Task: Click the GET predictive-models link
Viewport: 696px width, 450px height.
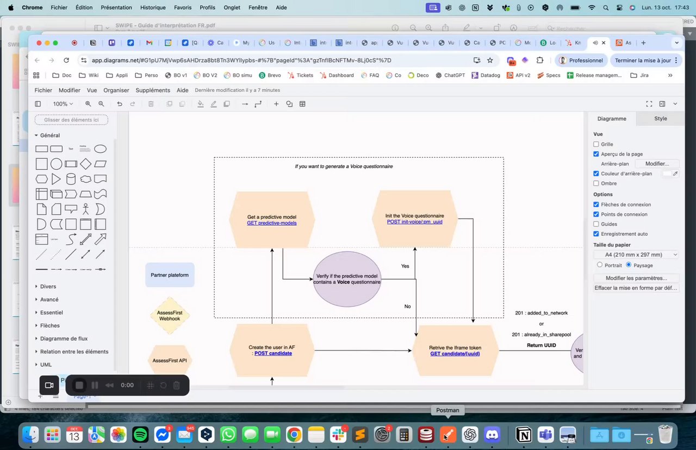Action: [272, 223]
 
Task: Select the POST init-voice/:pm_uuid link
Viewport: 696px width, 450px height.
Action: [414, 222]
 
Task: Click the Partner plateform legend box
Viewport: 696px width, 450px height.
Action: [170, 275]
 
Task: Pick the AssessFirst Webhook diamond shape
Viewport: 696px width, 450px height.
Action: [170, 316]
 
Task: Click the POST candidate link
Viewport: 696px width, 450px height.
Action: [273, 353]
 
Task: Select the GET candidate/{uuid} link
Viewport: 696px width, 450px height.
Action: [455, 354]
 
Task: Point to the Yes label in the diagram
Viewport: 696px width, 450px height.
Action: [405, 266]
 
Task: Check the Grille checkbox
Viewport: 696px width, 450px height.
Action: [596, 145]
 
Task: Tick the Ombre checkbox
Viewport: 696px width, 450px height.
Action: [596, 183]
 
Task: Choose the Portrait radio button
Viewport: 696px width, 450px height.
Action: [600, 265]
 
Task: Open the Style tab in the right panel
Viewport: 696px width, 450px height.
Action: [660, 119]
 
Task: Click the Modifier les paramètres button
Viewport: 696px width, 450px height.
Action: [636, 278]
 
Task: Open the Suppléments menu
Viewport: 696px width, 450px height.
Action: [153, 90]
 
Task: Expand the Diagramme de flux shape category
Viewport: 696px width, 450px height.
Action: [64, 338]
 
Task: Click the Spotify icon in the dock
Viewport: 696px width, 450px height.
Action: [140, 435]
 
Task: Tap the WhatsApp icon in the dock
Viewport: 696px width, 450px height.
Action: [228, 435]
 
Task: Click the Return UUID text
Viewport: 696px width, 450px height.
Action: [541, 345]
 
